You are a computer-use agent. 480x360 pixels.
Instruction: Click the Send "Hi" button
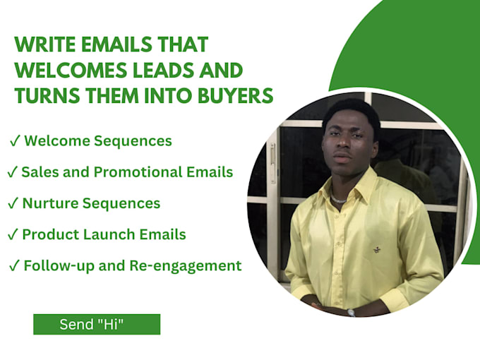click(97, 324)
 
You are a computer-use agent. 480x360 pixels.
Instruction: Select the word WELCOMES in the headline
click(71, 70)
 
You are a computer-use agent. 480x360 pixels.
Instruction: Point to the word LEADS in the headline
click(164, 70)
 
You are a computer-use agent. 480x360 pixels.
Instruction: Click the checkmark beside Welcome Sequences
click(15, 141)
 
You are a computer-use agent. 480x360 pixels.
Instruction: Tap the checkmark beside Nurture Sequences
click(13, 203)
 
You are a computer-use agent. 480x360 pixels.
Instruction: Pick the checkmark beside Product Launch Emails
click(13, 234)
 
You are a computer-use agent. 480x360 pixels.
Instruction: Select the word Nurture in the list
click(50, 203)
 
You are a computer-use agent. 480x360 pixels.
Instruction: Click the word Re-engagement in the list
click(186, 265)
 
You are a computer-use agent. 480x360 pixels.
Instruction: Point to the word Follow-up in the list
click(59, 265)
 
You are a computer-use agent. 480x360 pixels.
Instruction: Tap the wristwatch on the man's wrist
click(351, 313)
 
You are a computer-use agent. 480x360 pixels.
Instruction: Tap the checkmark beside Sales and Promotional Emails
click(12, 172)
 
